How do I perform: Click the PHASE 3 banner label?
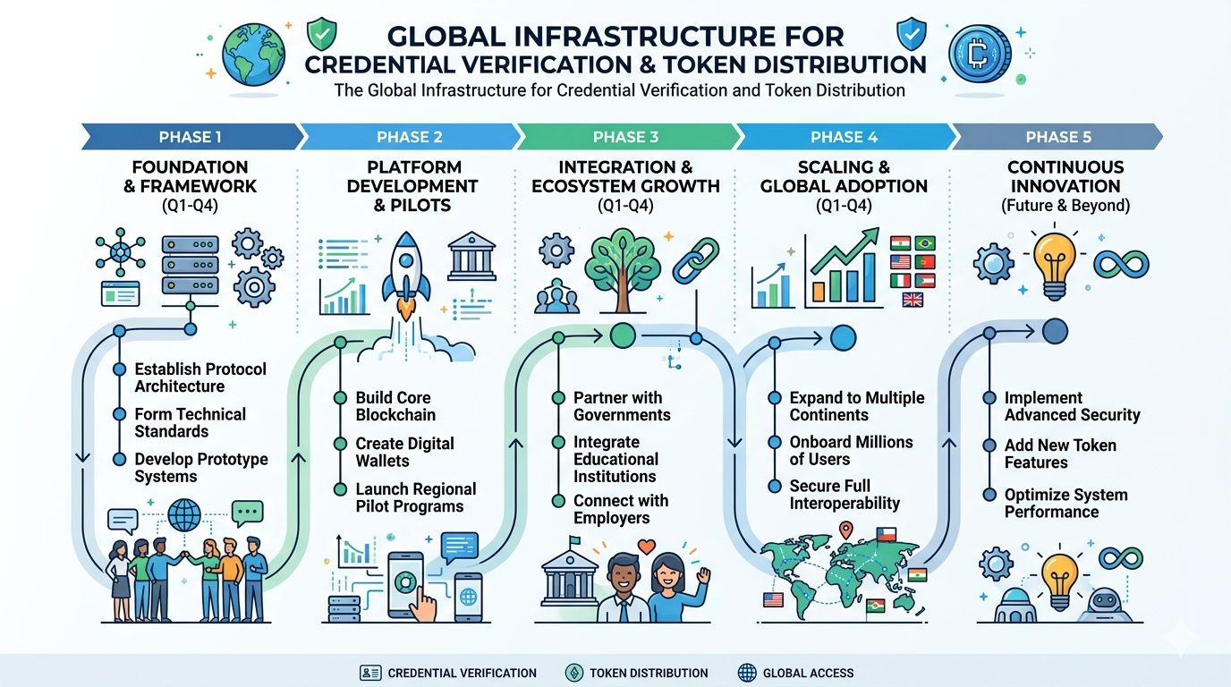625,137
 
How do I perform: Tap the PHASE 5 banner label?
1058,137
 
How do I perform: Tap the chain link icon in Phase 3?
695,259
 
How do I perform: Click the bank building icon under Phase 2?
471,257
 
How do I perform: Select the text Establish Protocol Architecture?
200,377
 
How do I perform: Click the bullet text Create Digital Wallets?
404,452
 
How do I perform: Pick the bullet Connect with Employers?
621,509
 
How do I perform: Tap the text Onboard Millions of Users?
851,450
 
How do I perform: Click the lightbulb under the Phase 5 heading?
1056,264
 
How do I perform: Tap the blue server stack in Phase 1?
190,267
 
